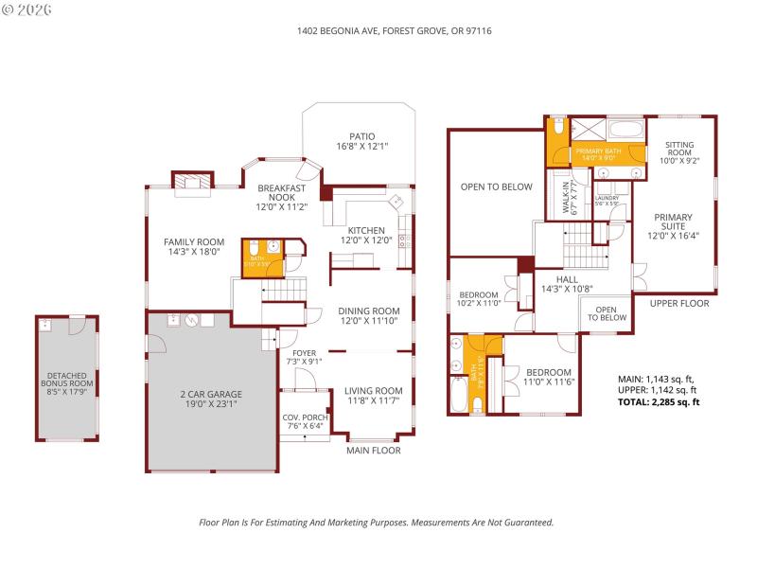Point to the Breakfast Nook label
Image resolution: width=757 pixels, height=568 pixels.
point(281,195)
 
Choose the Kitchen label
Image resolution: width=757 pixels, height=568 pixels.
point(366,236)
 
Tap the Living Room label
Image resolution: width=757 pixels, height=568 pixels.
point(373,396)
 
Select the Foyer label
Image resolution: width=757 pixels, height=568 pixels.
point(305,356)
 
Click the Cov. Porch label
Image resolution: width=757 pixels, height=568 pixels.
point(304,421)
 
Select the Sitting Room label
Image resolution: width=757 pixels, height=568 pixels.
point(679,152)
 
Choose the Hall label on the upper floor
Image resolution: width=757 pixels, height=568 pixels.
point(566,284)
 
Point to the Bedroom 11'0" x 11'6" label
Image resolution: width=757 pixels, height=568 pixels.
point(549,376)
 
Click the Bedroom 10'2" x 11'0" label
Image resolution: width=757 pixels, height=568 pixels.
point(478,299)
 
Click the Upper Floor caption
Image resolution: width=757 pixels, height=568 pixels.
point(678,303)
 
